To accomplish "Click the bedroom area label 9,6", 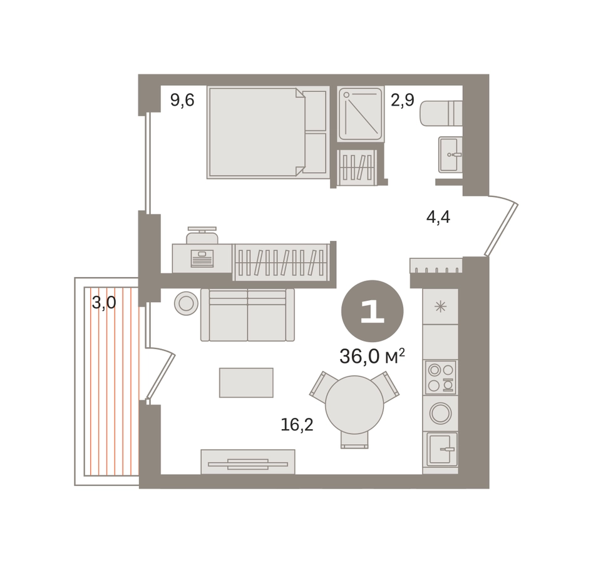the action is [182, 100].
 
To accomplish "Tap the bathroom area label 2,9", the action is [403, 100].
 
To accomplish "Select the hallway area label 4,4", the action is [438, 217].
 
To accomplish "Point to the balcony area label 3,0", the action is [104, 303].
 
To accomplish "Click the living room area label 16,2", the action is [297, 425].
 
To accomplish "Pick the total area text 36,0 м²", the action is [373, 356].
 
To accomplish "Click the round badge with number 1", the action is [373, 312].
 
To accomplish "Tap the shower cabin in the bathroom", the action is [361, 114].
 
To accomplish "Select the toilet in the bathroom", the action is [441, 113].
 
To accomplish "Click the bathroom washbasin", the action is [450, 155].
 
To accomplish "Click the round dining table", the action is [354, 405].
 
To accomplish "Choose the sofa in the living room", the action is [248, 315].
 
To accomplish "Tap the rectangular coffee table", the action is [246, 383].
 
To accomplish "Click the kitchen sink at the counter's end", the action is [442, 449].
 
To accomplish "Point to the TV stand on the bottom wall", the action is [248, 462].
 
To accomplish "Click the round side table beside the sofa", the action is [186, 303].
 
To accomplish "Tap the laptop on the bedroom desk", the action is [202, 258].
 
